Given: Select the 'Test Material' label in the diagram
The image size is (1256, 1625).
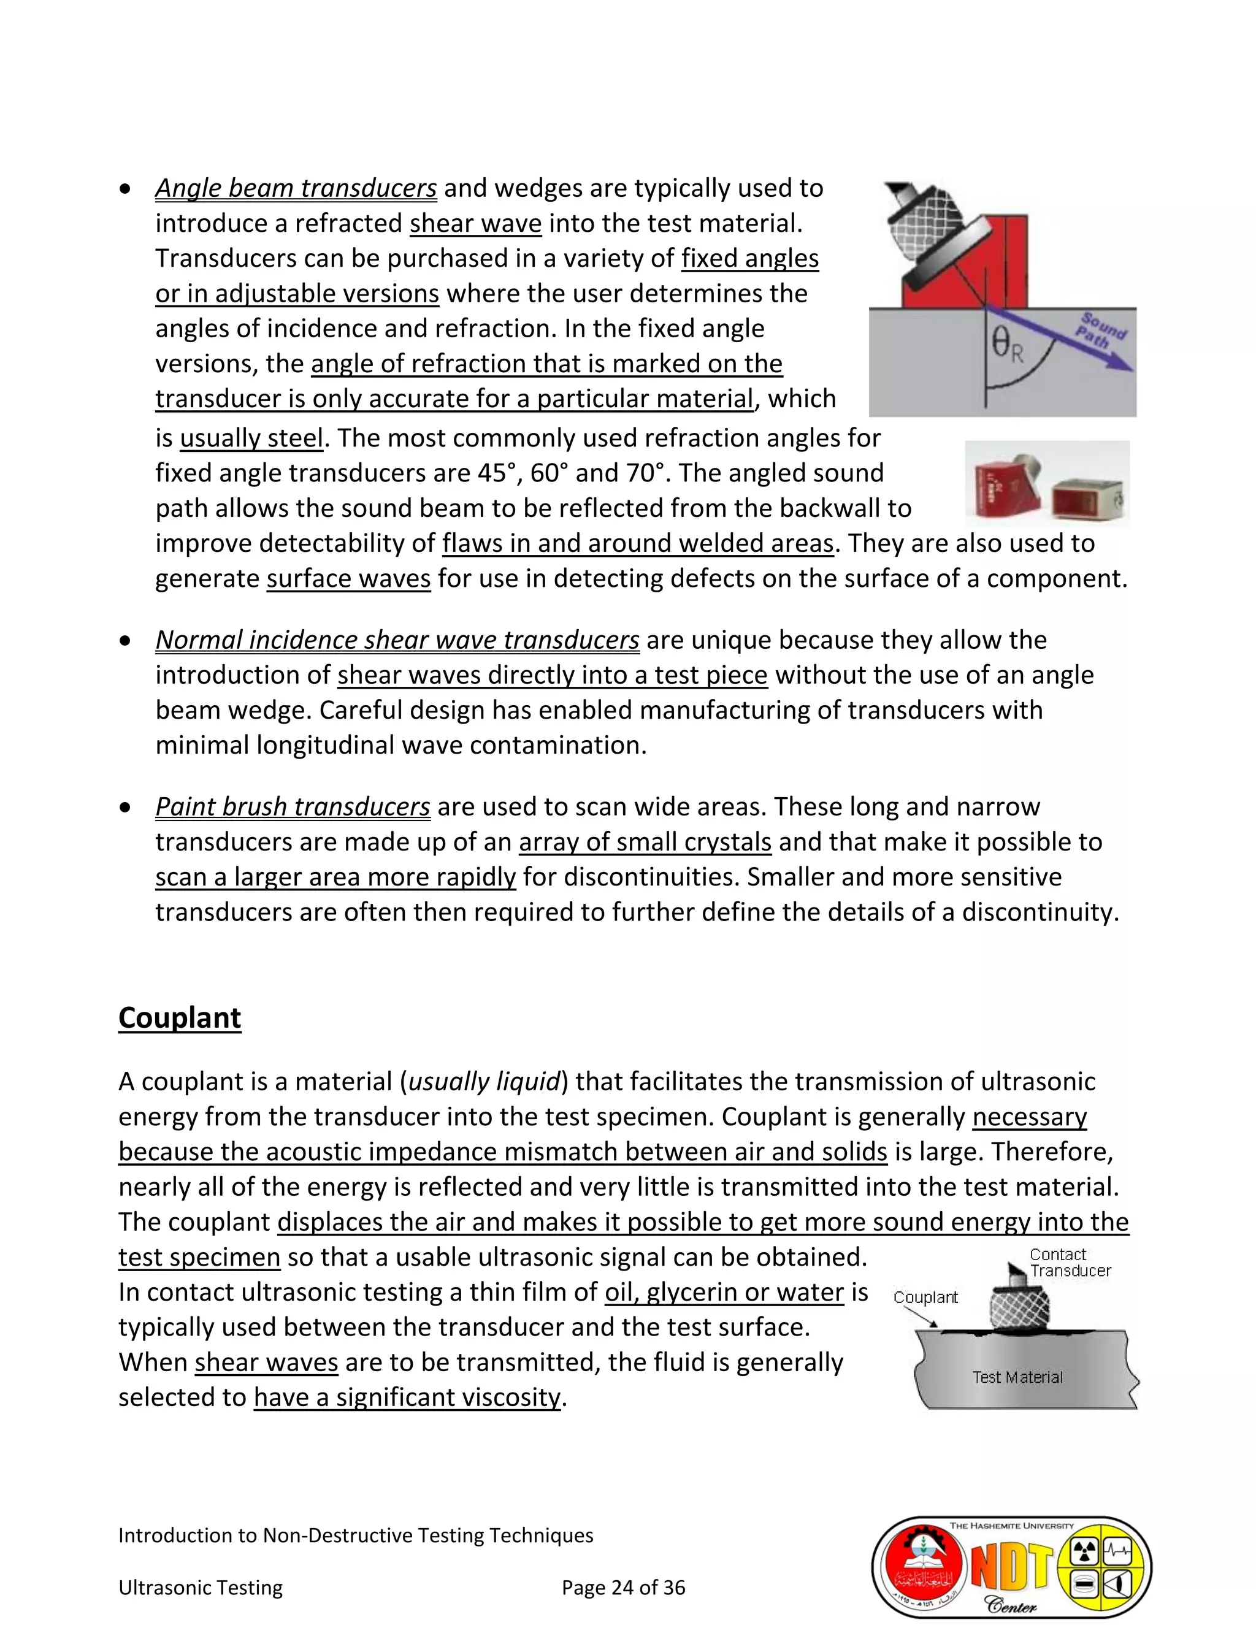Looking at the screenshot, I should point(1017,1377).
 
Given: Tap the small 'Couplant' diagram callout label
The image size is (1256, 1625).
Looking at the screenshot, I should point(925,1297).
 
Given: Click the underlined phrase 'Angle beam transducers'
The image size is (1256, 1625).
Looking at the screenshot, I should point(296,188).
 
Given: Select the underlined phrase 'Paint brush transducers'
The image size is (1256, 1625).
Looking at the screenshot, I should point(293,806).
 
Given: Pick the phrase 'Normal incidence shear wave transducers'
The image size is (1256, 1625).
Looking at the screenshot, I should point(397,640).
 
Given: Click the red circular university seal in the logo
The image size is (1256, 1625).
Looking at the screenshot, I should point(921,1569).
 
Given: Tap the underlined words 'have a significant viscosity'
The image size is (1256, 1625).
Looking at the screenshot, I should point(407,1397).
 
